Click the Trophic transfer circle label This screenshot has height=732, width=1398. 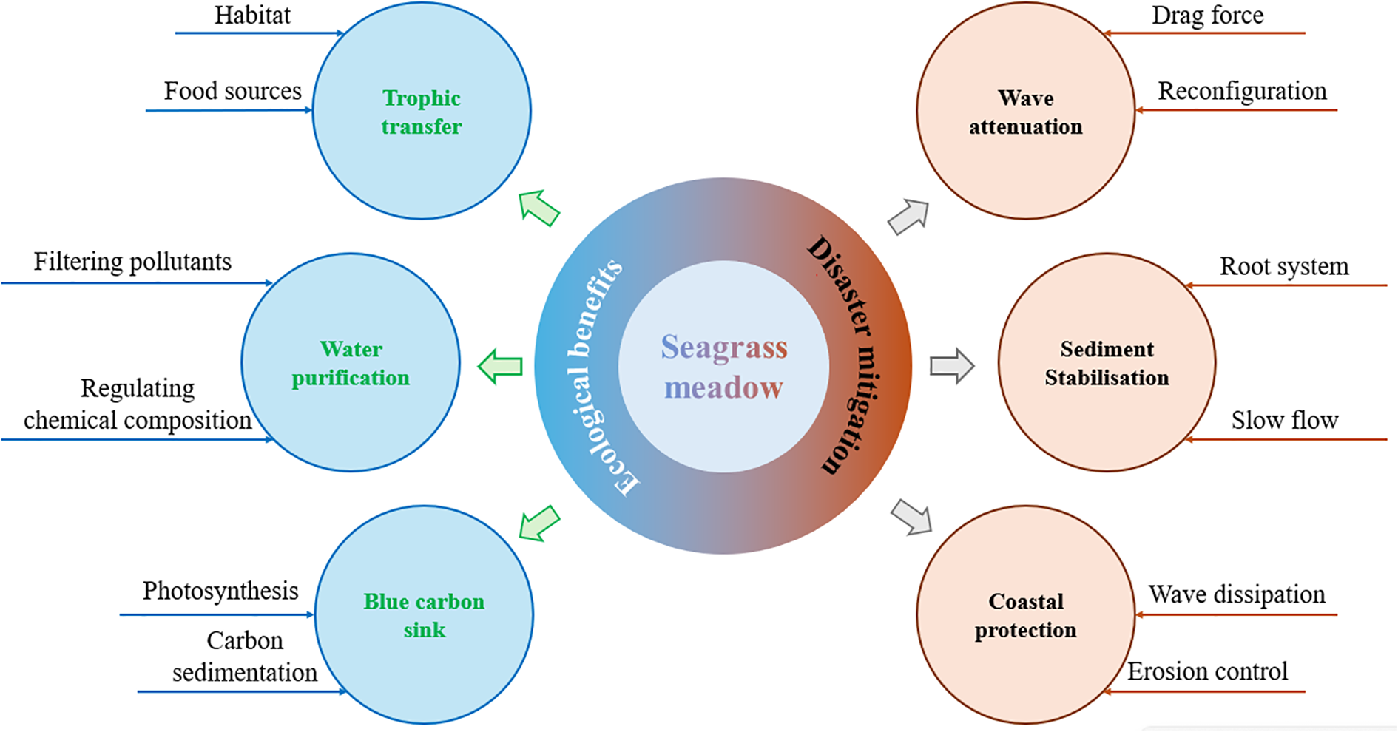(422, 112)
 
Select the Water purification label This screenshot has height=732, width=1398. (351, 363)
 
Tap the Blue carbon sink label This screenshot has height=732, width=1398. (424, 615)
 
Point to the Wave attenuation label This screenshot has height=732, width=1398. (1026, 112)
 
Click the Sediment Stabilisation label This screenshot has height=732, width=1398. (1107, 363)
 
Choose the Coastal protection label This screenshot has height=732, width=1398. (1026, 615)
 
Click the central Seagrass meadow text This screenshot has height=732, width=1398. (723, 367)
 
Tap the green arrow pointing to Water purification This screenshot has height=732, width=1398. (501, 366)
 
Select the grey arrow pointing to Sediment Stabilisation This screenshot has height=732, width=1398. (952, 366)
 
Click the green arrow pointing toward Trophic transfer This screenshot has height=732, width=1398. (539, 208)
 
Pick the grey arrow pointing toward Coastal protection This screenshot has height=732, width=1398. (911, 516)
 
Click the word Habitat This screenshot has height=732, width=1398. (252, 16)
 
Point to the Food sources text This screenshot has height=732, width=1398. (232, 91)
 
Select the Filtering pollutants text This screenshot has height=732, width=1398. (132, 262)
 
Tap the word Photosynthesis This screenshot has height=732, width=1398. (220, 591)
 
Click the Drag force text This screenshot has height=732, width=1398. (1207, 16)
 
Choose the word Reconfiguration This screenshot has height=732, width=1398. (1242, 91)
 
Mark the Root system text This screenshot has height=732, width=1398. (1284, 266)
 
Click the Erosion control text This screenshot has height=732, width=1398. (1207, 671)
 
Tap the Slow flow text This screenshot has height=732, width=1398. (1285, 420)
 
